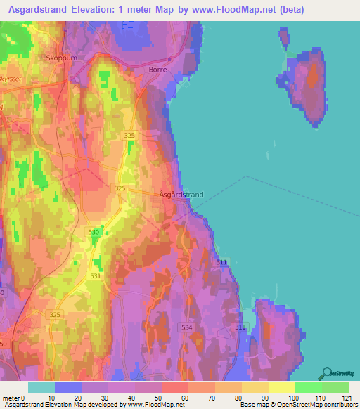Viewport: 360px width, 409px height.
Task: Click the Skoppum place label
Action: coord(61,58)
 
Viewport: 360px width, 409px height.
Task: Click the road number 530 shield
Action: coord(95,232)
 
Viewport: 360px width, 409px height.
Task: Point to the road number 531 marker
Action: coord(96,276)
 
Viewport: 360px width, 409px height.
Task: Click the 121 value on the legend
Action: coord(347,398)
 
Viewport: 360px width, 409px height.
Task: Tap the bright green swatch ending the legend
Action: coord(335,387)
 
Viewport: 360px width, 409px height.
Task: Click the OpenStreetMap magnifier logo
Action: coord(327,373)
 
